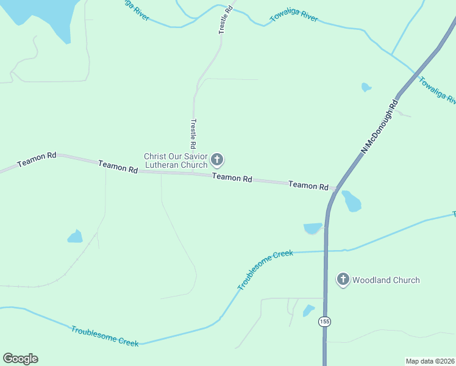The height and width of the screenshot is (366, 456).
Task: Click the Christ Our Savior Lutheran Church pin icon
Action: [217, 160]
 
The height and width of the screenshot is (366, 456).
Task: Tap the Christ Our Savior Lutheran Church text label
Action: [176, 160]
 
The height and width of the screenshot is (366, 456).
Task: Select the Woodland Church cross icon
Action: [343, 279]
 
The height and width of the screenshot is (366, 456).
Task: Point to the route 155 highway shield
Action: [324, 321]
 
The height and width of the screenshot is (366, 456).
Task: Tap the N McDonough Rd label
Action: [379, 127]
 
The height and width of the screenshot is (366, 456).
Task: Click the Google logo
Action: [20, 359]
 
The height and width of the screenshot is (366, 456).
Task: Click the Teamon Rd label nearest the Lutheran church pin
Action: [232, 178]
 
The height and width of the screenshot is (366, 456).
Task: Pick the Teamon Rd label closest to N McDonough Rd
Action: [308, 185]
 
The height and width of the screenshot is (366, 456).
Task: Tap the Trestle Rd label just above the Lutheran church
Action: [193, 134]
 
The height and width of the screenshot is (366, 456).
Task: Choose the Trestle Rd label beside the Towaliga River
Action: [226, 19]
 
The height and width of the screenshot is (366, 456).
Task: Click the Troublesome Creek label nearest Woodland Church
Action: [265, 270]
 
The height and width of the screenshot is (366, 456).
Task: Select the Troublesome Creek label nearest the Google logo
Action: [104, 336]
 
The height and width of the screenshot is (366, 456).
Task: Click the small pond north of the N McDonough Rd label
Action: [366, 87]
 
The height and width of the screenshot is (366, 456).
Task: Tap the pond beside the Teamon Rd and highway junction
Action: [351, 201]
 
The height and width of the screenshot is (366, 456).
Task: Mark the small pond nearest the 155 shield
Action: [309, 310]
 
